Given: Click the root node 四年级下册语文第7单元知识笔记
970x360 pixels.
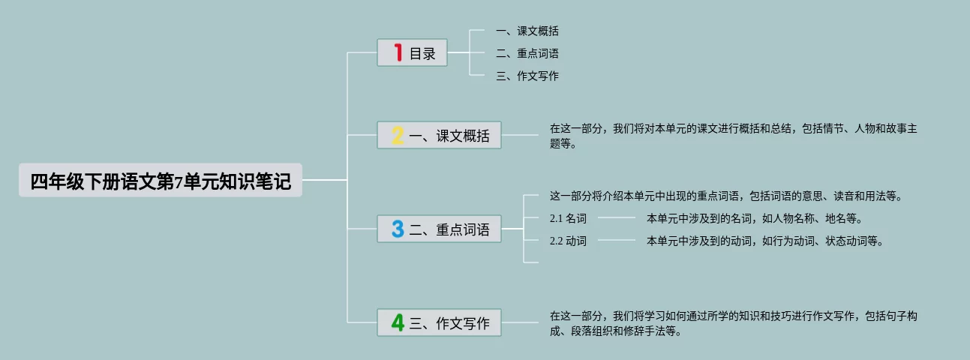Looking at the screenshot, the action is coord(160,181).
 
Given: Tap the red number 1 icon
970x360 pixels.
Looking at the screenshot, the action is coord(398,52).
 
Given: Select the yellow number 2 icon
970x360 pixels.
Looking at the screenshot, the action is coord(398,135).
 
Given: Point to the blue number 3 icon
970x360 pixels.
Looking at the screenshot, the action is coord(398,229).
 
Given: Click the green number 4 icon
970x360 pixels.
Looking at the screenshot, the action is coord(398,322).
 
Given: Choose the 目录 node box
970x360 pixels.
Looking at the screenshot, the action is coord(412,53).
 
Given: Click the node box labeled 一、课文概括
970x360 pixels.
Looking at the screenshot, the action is coord(439,135).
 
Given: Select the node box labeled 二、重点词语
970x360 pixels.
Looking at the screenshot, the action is coord(439,229).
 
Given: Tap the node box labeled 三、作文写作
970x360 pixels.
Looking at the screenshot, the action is coord(439,322).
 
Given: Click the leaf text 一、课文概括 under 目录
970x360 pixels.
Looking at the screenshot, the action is coord(527,31).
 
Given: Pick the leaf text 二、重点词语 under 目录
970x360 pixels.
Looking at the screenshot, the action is coord(527,54).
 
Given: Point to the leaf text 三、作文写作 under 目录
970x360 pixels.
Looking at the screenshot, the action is coord(527,76).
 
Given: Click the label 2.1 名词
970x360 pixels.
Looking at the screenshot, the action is coord(568,219).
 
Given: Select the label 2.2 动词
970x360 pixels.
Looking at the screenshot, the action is coord(568,241).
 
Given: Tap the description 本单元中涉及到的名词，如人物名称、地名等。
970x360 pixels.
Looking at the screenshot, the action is coord(755,219).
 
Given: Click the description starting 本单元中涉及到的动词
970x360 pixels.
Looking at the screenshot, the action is coord(765,241).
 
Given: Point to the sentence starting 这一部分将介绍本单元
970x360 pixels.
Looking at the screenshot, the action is coord(725,196).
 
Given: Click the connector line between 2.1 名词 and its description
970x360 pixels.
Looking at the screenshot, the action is coord(617,218).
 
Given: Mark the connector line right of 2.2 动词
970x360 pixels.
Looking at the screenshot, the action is coord(617,241).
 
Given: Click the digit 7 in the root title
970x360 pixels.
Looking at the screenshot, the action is coord(179,182).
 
